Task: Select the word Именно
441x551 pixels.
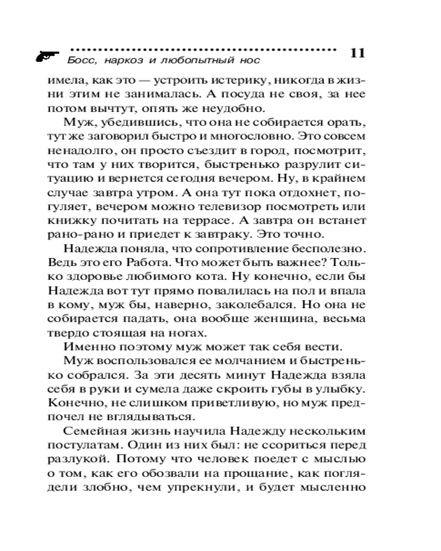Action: pos(88,347)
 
